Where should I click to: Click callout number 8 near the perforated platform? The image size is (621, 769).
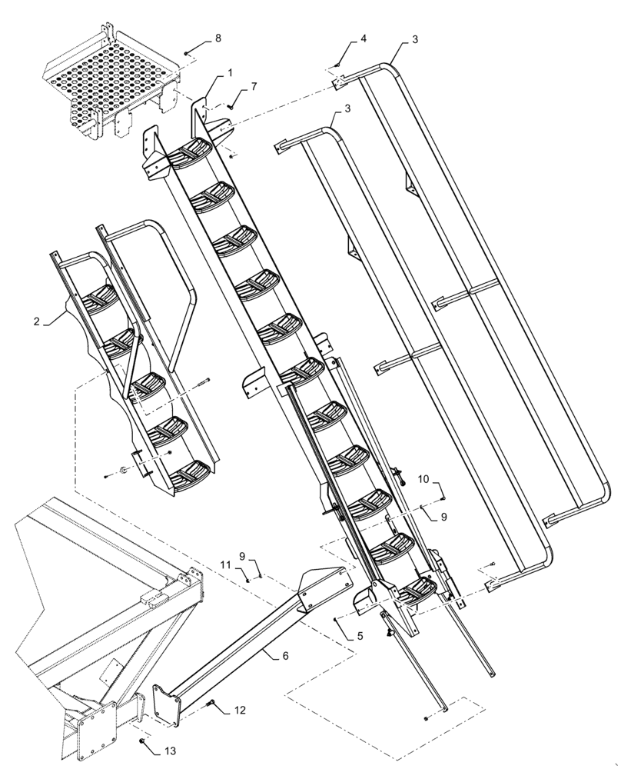pos(218,38)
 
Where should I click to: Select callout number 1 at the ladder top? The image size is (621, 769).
pos(229,72)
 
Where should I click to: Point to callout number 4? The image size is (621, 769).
pos(364,38)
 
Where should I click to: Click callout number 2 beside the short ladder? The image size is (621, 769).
pos(36,321)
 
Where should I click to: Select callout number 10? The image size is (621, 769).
pos(423,480)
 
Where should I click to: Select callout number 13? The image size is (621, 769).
pos(169,751)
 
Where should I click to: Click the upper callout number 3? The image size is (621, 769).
pos(414,39)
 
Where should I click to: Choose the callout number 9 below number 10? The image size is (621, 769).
pos(443,518)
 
